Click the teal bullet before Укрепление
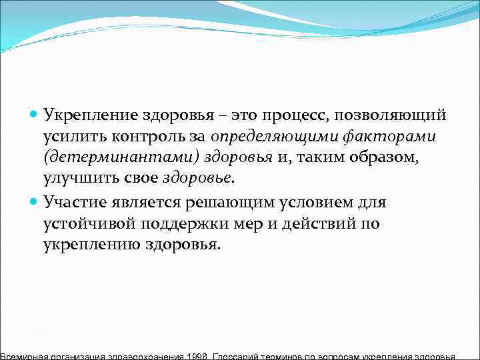pyautogui.click(x=35, y=115)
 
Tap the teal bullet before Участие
pyautogui.click(x=35, y=201)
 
